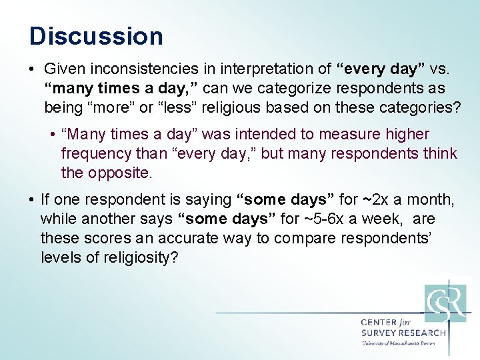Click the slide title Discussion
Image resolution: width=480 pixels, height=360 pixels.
point(96,36)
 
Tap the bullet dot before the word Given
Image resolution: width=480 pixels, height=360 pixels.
point(33,69)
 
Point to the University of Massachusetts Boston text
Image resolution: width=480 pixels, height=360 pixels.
point(398,343)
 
